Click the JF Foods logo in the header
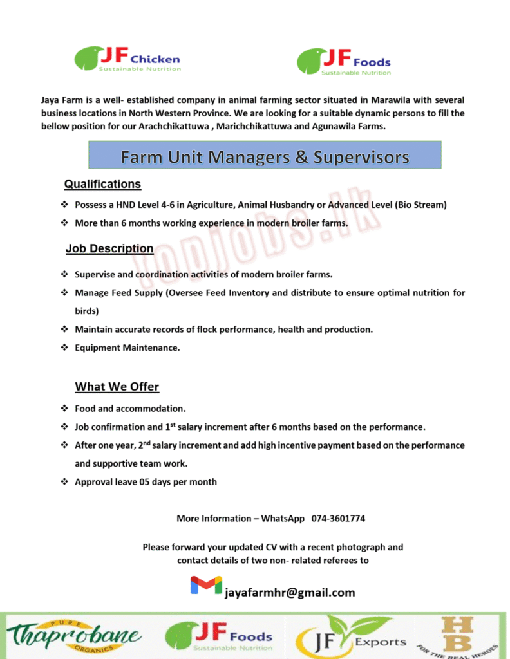(343, 62)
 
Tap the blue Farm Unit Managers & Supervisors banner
(265, 156)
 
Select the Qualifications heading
(102, 184)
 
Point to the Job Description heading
(109, 248)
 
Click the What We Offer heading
(117, 387)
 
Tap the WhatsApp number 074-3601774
(339, 518)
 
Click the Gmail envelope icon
(206, 586)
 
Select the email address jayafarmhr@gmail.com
(290, 592)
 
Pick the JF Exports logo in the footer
(351, 637)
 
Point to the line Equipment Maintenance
(127, 348)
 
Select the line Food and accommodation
(130, 408)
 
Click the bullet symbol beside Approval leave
(64, 481)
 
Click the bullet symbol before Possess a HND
(64, 205)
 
